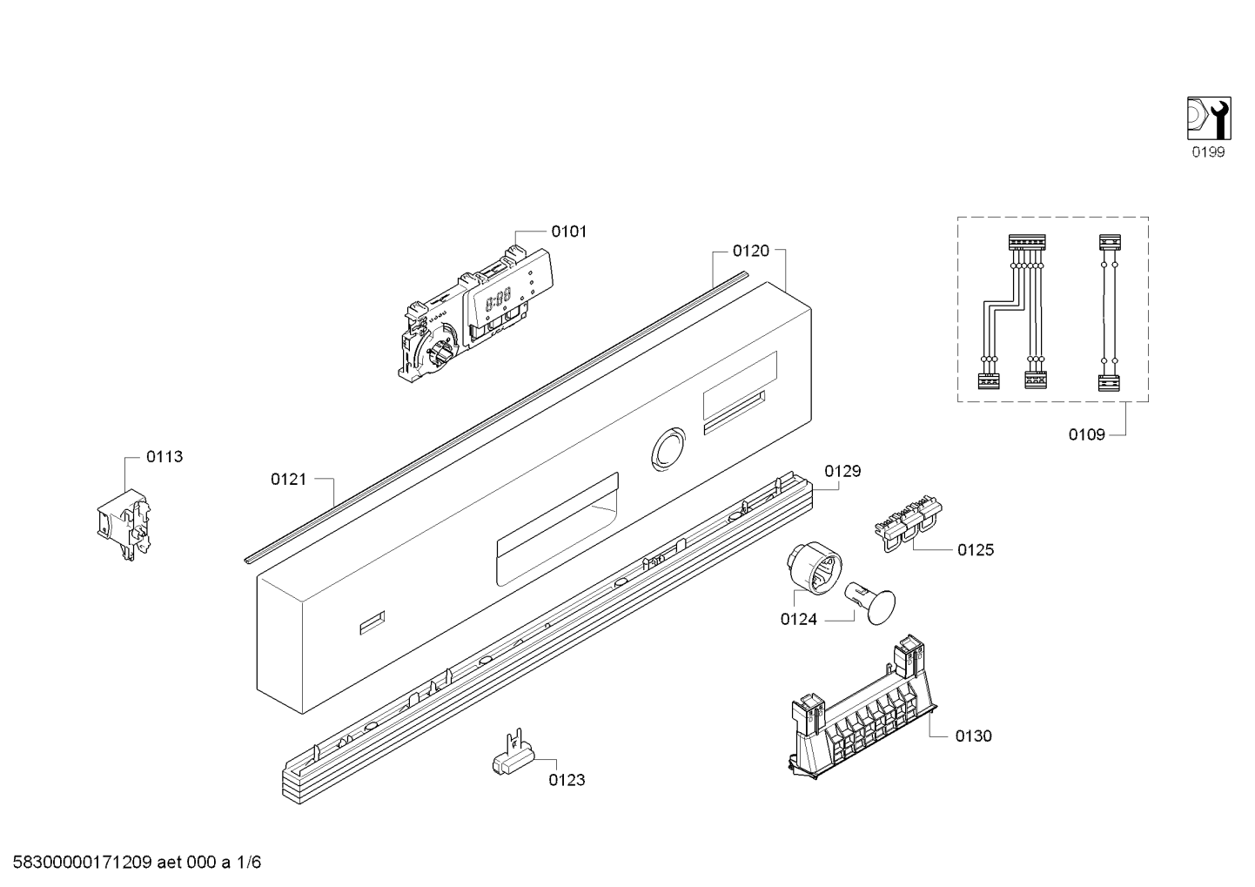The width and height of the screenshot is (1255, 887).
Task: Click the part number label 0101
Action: click(568, 232)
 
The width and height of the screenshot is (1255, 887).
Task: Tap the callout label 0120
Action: click(750, 251)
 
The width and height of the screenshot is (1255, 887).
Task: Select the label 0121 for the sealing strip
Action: click(288, 479)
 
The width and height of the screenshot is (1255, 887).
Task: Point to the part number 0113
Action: click(164, 456)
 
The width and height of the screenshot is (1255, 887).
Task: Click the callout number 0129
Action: click(842, 471)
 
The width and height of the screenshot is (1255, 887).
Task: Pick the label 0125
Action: click(975, 550)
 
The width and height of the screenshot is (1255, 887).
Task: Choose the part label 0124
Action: click(798, 621)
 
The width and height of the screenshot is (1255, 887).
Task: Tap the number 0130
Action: click(973, 736)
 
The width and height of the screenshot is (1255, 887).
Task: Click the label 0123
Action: click(567, 780)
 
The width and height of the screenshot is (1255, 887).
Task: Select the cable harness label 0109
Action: click(1086, 434)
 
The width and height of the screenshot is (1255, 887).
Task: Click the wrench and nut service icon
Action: click(1208, 118)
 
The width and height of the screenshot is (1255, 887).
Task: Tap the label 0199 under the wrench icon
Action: click(1208, 152)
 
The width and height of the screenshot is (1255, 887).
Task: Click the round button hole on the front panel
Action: click(668, 449)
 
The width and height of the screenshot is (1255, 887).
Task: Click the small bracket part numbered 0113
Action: click(121, 522)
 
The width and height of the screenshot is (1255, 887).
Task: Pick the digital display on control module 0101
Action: click(498, 301)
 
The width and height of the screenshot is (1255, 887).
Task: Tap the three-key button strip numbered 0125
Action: click(908, 522)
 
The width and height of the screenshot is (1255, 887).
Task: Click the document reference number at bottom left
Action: click(131, 863)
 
